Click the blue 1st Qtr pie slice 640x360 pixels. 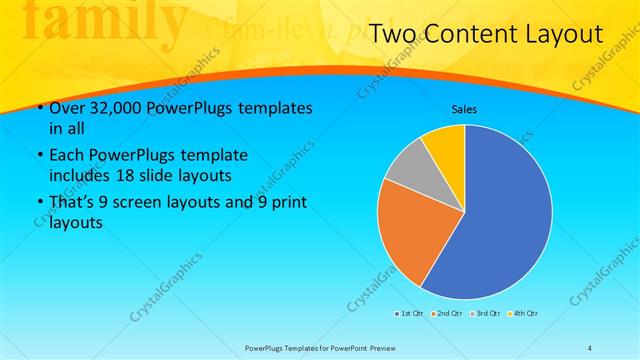(500, 220)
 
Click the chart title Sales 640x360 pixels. (464, 108)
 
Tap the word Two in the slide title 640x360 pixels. (394, 36)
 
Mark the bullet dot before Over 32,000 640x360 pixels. (38, 108)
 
